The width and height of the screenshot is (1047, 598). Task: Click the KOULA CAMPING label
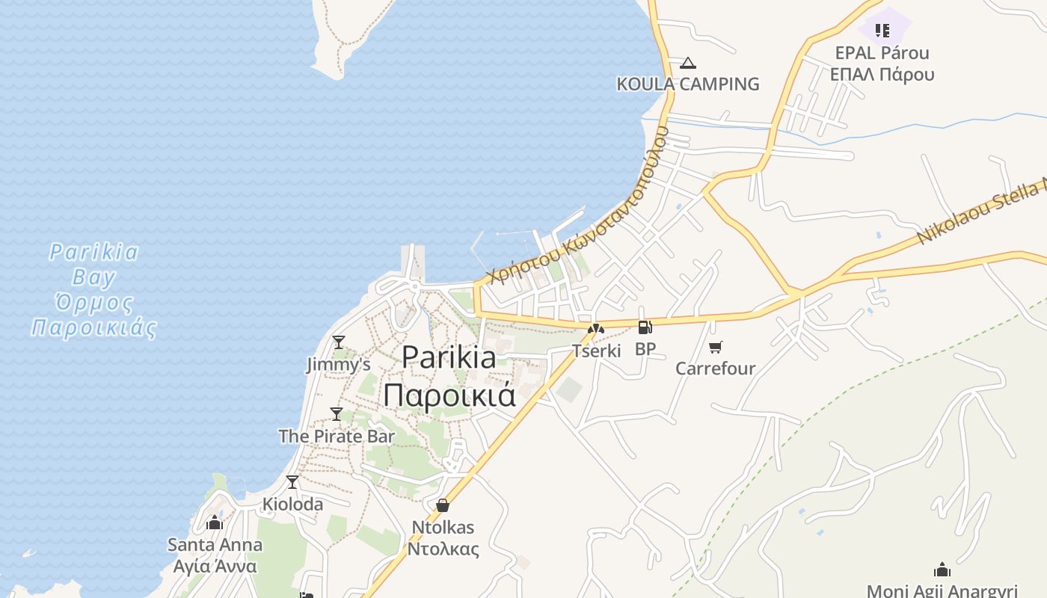(x=687, y=84)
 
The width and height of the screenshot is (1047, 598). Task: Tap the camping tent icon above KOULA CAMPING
(x=688, y=64)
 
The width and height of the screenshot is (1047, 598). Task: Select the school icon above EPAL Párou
(x=882, y=31)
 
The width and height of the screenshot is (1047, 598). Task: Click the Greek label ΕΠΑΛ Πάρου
(x=882, y=74)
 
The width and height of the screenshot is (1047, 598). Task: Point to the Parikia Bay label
(x=93, y=265)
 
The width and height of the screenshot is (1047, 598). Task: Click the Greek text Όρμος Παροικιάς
(x=93, y=315)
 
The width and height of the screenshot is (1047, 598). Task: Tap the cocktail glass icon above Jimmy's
(x=339, y=342)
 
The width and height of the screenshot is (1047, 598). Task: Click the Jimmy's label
(x=339, y=365)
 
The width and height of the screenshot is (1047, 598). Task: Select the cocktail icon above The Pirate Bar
(x=337, y=414)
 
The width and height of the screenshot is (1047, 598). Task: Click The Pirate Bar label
(x=337, y=437)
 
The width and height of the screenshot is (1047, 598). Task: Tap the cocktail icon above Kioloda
(x=292, y=482)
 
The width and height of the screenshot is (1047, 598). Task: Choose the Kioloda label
(x=292, y=505)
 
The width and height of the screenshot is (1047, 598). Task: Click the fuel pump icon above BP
(x=645, y=327)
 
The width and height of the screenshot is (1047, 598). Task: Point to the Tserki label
(x=596, y=351)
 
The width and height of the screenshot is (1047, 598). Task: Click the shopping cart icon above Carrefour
(x=716, y=347)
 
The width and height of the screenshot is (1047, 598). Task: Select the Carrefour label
(x=716, y=369)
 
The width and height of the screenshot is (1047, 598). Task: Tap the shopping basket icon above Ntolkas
(x=443, y=505)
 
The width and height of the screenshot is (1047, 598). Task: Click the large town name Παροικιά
(x=449, y=395)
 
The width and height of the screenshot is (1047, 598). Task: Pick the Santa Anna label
(x=215, y=545)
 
